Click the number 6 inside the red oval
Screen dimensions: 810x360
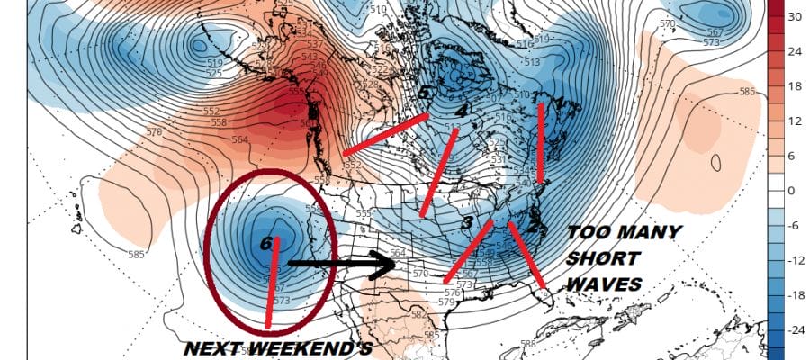coord(265,244)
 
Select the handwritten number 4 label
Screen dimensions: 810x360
coord(462,111)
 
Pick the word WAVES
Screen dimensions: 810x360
coord(606,284)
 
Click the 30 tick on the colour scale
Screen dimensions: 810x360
coord(795,17)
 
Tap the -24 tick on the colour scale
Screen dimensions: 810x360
coord(795,330)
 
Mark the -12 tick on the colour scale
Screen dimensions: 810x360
coord(795,261)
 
